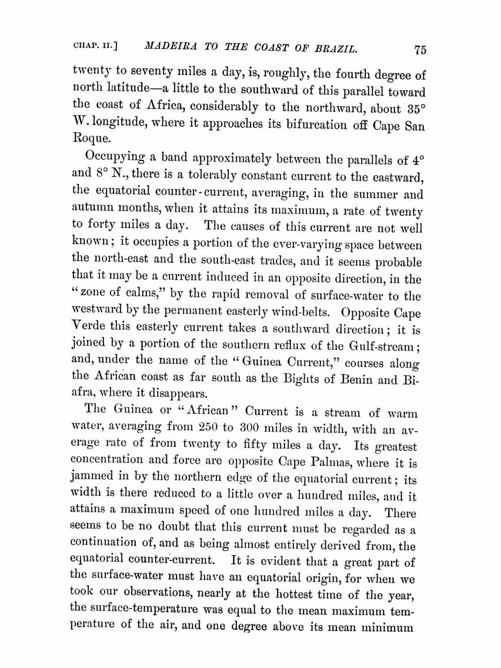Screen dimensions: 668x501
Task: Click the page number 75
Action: pyautogui.click(x=419, y=49)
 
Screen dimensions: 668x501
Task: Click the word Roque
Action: pyautogui.click(x=89, y=142)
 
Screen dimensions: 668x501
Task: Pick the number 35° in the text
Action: pyautogui.click(x=411, y=109)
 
